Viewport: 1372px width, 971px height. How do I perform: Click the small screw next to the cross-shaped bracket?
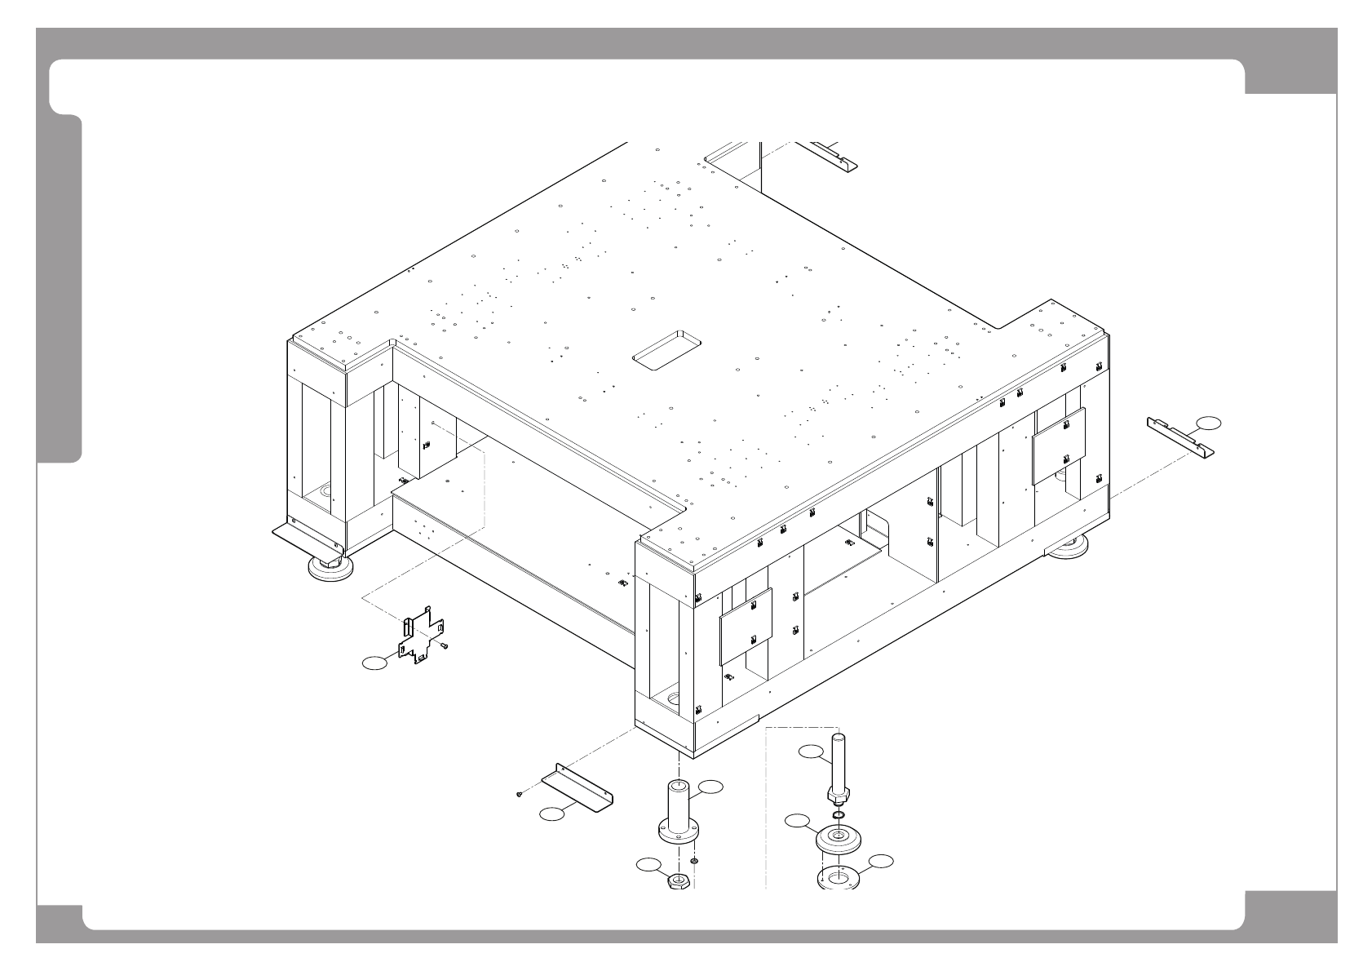(444, 645)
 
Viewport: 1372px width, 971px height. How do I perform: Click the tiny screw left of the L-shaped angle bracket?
(519, 794)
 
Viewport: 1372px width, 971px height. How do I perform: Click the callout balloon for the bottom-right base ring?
(881, 861)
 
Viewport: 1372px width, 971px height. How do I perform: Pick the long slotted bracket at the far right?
(1180, 437)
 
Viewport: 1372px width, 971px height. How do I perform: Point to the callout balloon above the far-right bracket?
(1209, 422)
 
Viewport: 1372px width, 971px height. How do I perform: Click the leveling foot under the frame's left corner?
(330, 566)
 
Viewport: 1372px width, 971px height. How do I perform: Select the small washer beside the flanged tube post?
(694, 860)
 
